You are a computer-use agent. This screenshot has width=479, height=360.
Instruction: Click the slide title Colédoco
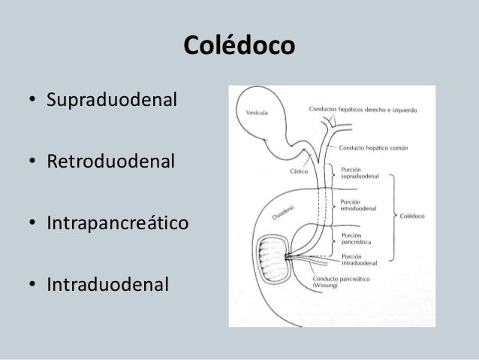239,47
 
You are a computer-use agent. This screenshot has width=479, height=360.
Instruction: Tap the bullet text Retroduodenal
112,161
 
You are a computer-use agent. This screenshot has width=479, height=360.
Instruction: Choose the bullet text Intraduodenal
109,286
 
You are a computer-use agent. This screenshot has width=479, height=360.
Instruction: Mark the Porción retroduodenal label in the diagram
358,205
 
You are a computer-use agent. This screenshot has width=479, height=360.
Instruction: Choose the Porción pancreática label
355,238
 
